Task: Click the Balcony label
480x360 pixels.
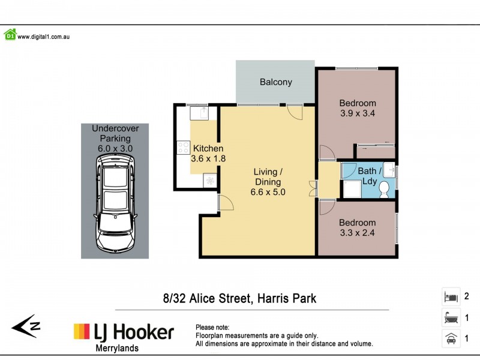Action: (275, 82)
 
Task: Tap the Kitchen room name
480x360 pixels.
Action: (208, 148)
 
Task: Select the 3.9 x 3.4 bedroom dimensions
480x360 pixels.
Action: (358, 113)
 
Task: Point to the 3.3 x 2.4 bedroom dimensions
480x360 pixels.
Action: (358, 233)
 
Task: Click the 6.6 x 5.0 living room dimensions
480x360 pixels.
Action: (268, 193)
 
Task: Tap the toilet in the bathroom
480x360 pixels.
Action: (385, 190)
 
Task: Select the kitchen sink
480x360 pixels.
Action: (199, 112)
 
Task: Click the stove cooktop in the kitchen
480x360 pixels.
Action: (183, 149)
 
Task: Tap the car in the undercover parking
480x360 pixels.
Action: (116, 202)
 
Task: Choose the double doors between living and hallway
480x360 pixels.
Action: (312, 188)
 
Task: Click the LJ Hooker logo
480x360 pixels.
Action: (124, 332)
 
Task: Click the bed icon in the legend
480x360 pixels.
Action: (451, 296)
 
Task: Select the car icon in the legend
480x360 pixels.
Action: (451, 338)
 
